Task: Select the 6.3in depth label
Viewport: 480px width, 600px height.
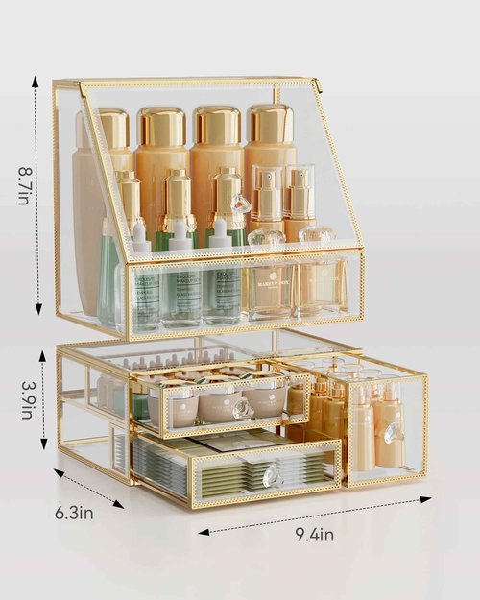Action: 72,512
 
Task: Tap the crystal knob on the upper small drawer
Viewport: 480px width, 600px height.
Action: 244,407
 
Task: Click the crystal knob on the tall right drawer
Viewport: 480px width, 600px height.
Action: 392,433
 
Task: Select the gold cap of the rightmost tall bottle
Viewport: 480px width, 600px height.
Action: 271,122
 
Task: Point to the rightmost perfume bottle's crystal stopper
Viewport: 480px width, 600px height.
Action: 317,235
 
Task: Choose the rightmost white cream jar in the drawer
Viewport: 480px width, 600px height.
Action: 266,396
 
